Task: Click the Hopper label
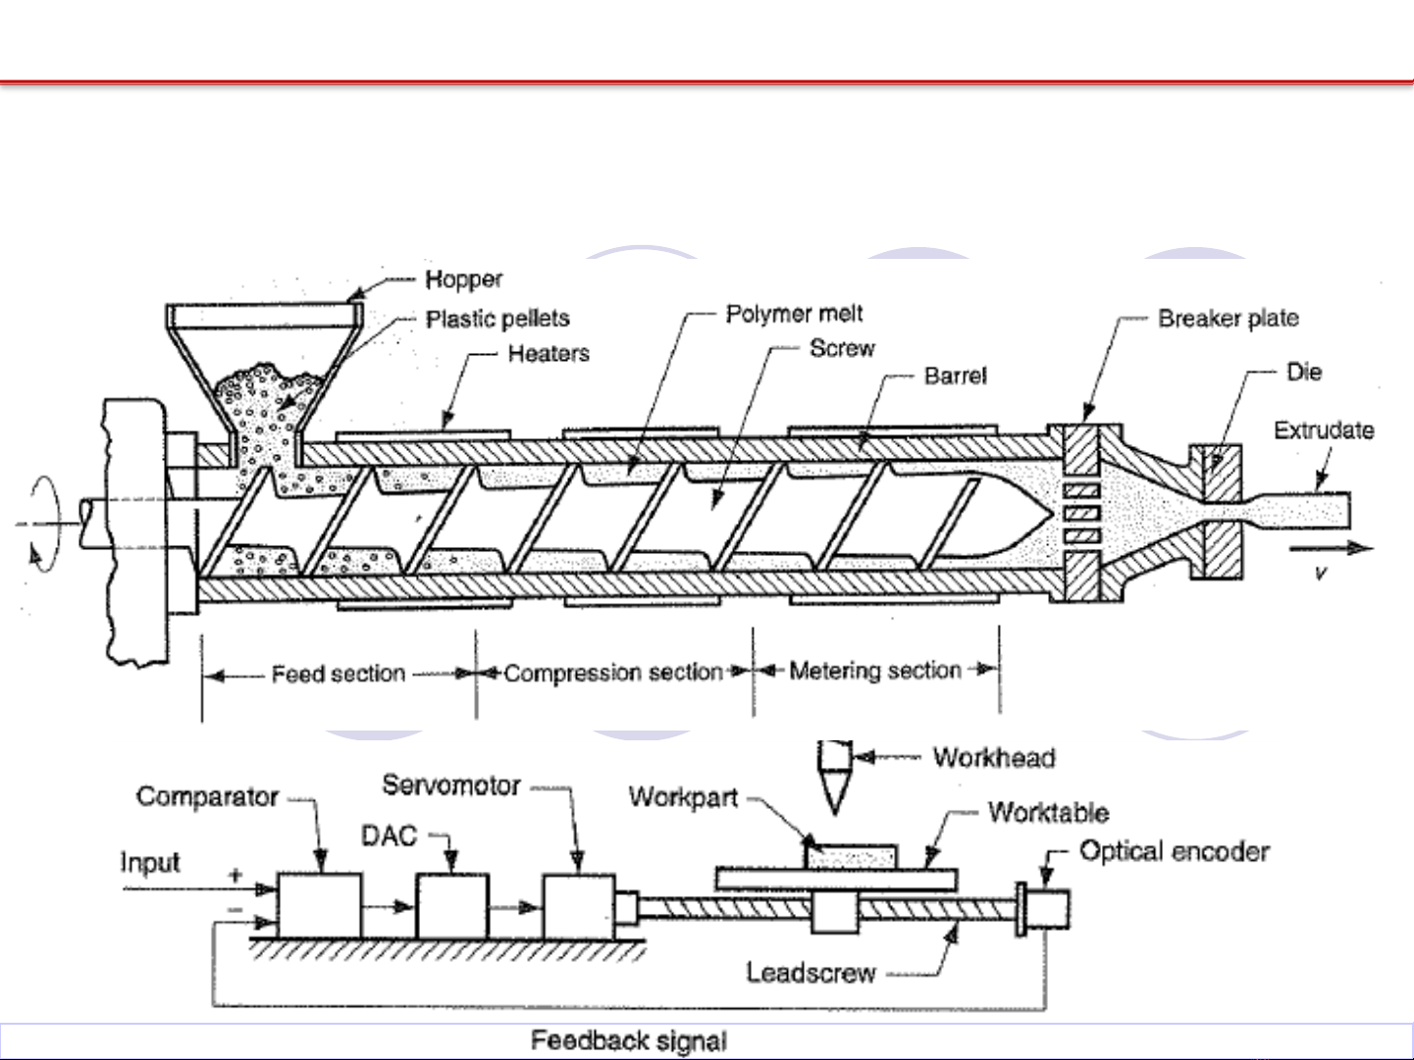(463, 280)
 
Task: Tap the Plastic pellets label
(498, 319)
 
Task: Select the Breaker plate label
(1228, 319)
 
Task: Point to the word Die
(1303, 373)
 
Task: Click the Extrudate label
(1323, 430)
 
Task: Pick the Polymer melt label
(794, 314)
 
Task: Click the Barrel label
(955, 376)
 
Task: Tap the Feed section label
(338, 674)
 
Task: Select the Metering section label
(874, 671)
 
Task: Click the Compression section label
(612, 674)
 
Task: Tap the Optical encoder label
(1174, 851)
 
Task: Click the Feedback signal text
(629, 1040)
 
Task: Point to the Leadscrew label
(811, 973)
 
